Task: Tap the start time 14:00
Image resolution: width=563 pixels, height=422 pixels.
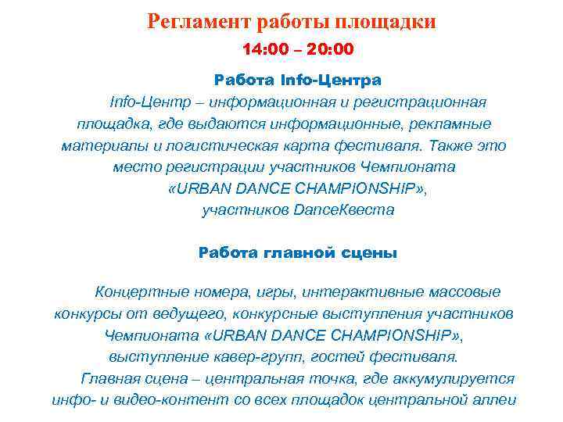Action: coord(263,50)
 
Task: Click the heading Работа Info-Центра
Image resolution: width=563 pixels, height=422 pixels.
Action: coord(297,80)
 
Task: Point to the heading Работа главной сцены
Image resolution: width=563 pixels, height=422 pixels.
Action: coord(297,252)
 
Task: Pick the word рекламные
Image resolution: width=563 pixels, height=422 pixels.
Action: coord(451,124)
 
